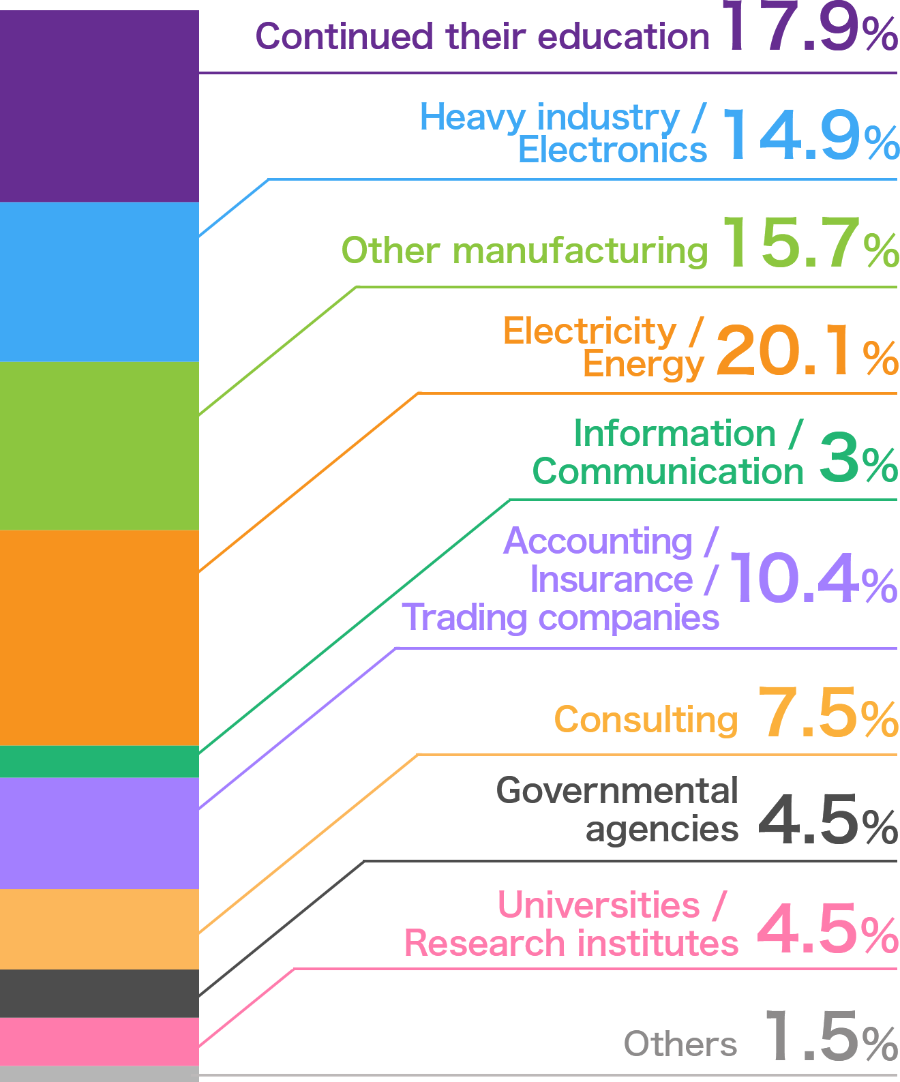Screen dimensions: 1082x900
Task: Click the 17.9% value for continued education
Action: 810,29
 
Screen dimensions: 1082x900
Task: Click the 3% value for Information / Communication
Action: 856,457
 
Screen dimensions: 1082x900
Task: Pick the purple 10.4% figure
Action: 811,579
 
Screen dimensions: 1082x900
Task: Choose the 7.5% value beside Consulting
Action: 827,713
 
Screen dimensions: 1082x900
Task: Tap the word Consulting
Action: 645,720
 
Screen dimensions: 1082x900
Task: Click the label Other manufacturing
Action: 524,251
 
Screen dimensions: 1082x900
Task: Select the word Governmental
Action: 617,791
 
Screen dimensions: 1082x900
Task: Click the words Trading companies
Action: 560,618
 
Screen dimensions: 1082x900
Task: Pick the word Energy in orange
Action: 642,364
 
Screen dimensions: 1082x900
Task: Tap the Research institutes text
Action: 571,944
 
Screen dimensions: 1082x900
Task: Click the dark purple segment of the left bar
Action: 99,106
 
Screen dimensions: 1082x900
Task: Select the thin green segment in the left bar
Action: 99,762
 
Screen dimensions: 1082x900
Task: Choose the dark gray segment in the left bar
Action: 99,993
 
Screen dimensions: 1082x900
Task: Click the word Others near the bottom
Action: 680,1044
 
